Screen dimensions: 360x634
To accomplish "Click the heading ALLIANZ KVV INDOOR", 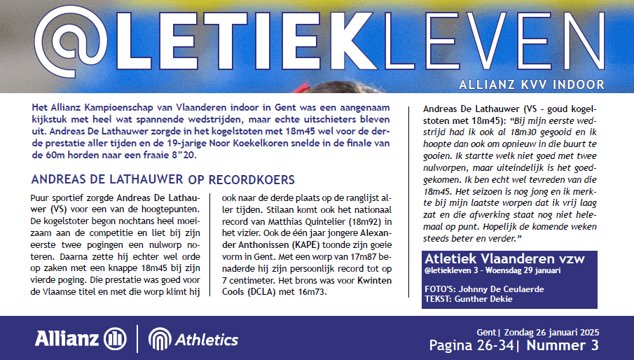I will point(531,85).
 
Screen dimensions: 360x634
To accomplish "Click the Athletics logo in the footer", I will point(194,340).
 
